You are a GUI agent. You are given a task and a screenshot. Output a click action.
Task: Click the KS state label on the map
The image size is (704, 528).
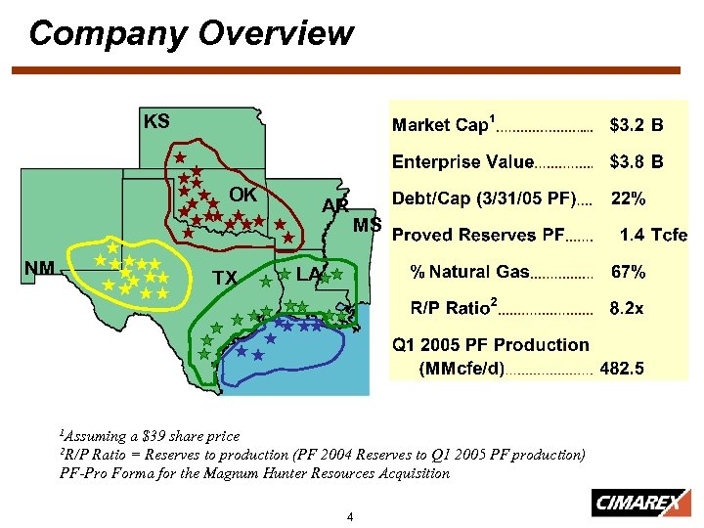156,121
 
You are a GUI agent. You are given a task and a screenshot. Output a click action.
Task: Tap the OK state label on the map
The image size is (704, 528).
242,194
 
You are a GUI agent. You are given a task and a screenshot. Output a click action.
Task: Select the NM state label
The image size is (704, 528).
39,268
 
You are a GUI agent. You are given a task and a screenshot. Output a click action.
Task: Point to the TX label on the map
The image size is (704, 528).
225,278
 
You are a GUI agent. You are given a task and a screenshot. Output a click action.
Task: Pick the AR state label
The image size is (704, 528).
335,205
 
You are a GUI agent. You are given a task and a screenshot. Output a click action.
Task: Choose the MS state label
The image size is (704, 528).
367,226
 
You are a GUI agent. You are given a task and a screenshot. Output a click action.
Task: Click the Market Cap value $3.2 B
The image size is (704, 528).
636,125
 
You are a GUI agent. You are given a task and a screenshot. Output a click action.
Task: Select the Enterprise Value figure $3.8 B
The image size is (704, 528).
636,161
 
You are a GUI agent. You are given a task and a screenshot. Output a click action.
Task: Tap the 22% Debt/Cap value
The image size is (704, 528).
628,198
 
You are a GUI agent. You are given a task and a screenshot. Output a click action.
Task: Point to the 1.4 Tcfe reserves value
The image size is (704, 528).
653,235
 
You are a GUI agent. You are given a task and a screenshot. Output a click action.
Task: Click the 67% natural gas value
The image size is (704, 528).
627,272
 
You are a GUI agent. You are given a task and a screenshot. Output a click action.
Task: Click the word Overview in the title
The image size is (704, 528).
275,33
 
